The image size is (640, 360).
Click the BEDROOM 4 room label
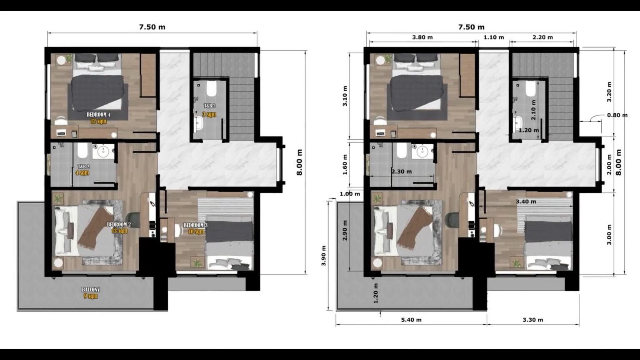click(98, 115)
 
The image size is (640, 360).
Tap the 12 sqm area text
click(98, 121)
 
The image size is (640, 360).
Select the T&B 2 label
click(83, 166)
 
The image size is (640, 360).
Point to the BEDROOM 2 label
click(119, 225)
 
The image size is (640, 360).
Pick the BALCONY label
click(90, 290)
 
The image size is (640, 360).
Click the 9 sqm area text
click(90, 296)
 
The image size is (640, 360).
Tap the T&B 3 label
click(210, 106)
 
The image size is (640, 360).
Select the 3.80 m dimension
click(422, 37)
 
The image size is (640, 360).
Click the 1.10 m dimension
click(494, 37)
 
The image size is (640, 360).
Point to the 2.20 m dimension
click(542, 37)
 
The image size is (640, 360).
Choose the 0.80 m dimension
click(617, 115)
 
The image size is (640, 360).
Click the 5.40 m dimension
click(411, 320)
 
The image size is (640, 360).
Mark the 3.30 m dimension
click(532, 320)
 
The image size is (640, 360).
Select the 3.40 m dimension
click(526, 202)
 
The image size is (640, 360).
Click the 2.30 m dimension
click(401, 171)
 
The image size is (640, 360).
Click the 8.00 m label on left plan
click(300, 162)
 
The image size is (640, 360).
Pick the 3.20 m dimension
click(609, 92)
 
